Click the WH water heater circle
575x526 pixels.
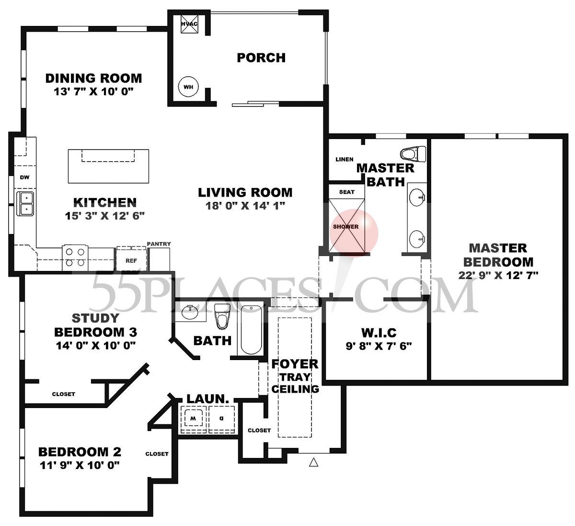187,87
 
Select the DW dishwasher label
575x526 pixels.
24,177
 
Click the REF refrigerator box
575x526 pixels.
131,260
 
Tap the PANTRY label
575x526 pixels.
159,244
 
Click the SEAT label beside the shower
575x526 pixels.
346,192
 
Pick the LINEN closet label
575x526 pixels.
345,159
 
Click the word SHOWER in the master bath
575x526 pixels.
346,227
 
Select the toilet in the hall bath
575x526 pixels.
221,316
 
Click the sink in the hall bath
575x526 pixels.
190,313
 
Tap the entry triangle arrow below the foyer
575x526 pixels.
313,462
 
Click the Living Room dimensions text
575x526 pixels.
245,206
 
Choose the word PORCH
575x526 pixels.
261,58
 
